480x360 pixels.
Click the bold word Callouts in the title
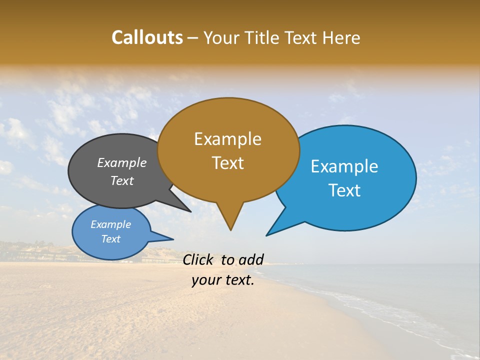(147, 37)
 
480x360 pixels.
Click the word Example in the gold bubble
(227, 139)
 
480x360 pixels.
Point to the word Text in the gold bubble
(227, 163)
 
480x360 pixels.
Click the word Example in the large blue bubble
(344, 166)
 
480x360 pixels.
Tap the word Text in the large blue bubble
(344, 190)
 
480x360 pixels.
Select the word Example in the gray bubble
(122, 163)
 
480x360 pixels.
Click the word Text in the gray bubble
(122, 181)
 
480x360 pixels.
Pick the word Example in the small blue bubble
(110, 224)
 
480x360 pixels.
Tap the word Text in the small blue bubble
(110, 239)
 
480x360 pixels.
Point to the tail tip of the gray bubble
(190, 211)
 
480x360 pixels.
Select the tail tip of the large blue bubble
(266, 235)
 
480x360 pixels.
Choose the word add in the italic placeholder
(251, 259)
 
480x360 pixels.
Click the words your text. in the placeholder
(223, 280)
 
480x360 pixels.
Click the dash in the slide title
(193, 37)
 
